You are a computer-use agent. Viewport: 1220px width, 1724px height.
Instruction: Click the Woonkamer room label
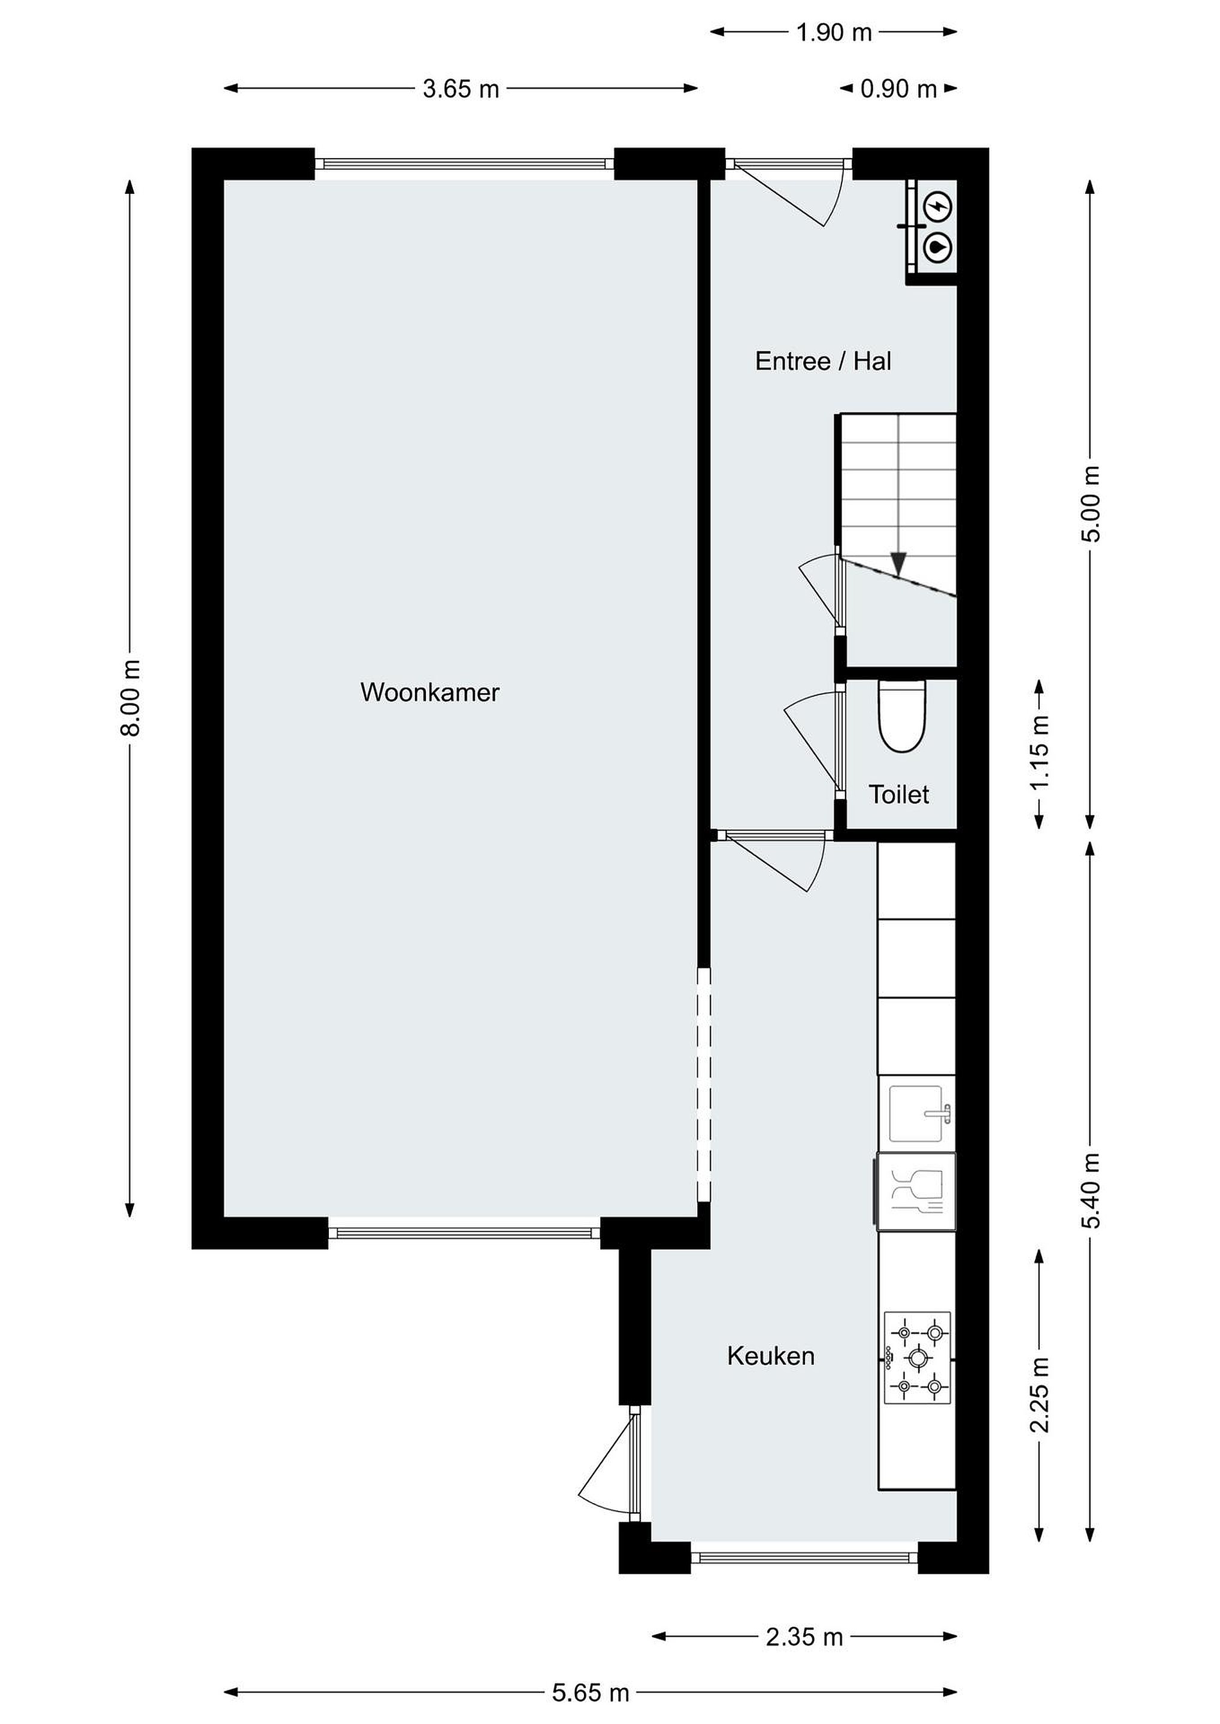[429, 693]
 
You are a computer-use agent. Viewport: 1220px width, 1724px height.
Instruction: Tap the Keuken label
[771, 1356]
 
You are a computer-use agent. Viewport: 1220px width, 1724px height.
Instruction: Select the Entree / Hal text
[824, 361]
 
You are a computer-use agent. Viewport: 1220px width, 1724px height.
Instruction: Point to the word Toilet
[898, 794]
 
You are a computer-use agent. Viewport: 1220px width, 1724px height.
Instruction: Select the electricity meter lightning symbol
[937, 205]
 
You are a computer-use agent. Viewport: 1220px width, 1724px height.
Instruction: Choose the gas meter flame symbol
[937, 246]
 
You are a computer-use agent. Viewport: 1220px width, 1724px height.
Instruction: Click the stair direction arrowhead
[898, 564]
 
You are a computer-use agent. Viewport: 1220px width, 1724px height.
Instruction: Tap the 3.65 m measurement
[461, 89]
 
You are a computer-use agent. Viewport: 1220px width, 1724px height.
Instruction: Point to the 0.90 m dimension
[898, 89]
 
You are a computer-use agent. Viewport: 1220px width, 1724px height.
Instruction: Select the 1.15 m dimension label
[1040, 753]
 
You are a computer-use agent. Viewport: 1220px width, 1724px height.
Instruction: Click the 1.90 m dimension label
[834, 32]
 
